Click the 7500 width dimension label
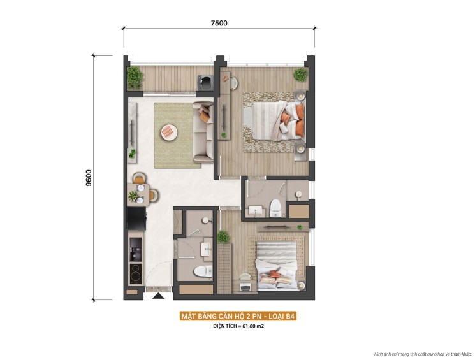[x=219, y=23]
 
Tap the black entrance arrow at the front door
[x=158, y=294]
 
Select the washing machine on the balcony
[x=206, y=81]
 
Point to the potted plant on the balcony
[x=135, y=77]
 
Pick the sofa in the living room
[x=203, y=131]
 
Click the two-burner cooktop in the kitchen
[x=135, y=273]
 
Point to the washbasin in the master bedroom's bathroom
[x=257, y=210]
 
